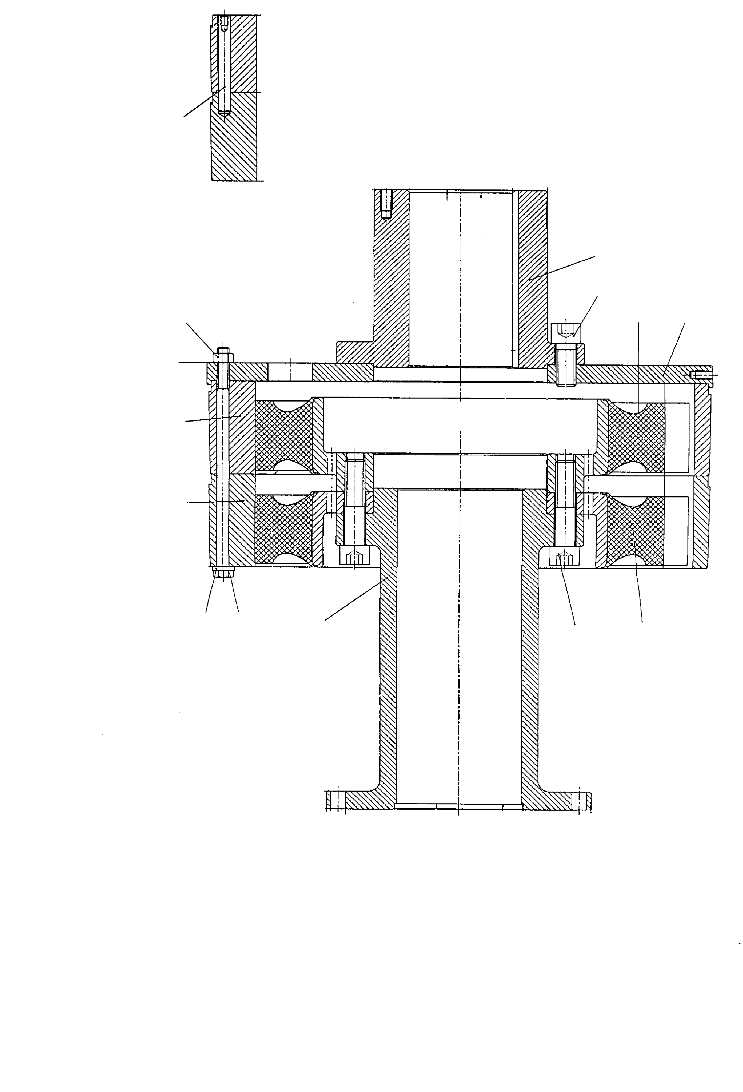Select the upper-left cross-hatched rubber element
coord(283,435)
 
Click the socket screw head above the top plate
coord(567,333)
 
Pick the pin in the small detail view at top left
coord(224,66)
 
